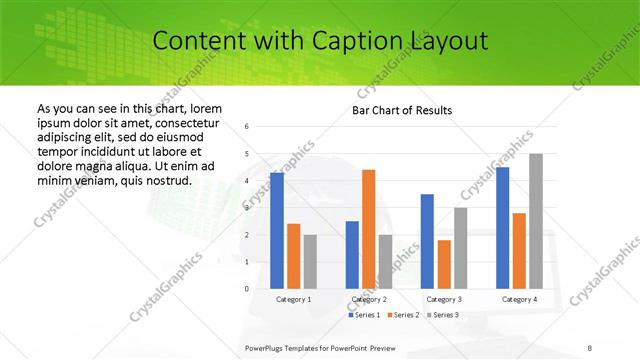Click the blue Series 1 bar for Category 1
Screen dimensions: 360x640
click(277, 231)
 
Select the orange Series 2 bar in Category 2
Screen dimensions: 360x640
click(368, 229)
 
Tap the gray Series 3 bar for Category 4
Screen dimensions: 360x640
click(536, 221)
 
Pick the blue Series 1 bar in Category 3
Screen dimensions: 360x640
click(427, 241)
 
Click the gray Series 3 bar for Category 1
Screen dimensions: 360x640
click(310, 262)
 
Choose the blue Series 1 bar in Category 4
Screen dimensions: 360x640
click(503, 228)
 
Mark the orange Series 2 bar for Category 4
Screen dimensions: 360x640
click(519, 251)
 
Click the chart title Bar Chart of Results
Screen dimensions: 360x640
click(402, 110)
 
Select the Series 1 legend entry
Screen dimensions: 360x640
click(365, 315)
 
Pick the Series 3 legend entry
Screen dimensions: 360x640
click(443, 315)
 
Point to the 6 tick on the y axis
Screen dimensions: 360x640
click(247, 126)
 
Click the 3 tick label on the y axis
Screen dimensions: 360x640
click(247, 208)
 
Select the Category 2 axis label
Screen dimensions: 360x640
click(369, 299)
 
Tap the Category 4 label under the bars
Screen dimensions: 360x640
click(519, 299)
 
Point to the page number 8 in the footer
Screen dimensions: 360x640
click(590, 347)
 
